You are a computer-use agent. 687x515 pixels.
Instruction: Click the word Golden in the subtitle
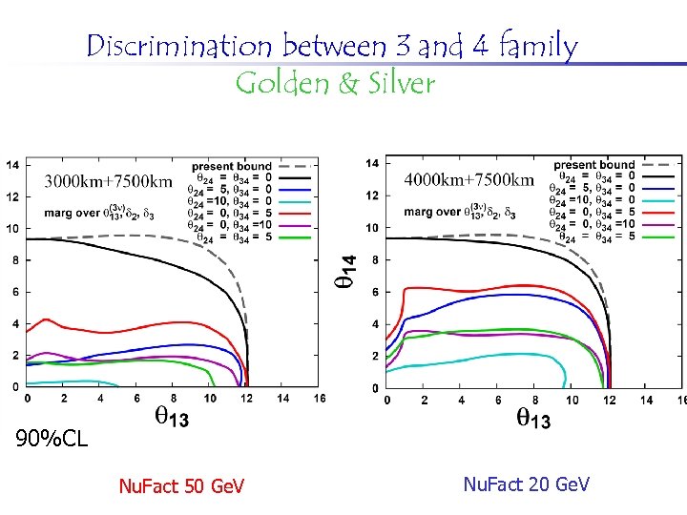click(x=281, y=84)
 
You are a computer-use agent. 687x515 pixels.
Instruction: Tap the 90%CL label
click(x=52, y=440)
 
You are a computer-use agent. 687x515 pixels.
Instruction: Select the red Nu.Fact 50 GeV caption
click(x=181, y=487)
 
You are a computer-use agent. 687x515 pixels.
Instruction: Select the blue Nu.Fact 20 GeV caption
click(x=526, y=485)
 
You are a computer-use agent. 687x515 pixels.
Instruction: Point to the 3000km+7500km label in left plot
click(x=108, y=181)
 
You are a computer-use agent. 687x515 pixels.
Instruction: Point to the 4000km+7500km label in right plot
click(x=469, y=179)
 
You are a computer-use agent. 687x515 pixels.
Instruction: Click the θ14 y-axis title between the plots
click(x=349, y=270)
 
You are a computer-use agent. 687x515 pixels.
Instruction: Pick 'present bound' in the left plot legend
click(x=231, y=166)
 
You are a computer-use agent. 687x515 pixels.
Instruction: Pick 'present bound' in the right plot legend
click(x=593, y=165)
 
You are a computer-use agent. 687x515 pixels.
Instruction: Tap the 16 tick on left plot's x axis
click(x=320, y=397)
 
